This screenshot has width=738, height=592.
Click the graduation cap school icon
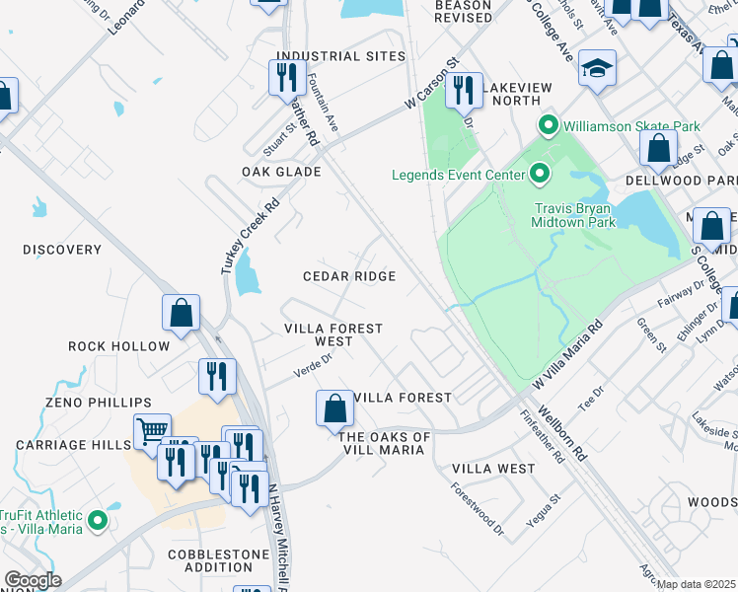click(x=597, y=68)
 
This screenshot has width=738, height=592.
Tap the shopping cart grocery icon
click(x=152, y=430)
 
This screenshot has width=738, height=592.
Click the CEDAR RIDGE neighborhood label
click(x=349, y=277)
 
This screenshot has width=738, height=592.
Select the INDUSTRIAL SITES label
click(x=340, y=56)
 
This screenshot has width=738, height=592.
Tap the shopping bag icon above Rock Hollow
click(x=182, y=313)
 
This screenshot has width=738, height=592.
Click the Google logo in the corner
click(x=33, y=580)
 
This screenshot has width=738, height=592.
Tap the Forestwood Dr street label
click(x=477, y=508)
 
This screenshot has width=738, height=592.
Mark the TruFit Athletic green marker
click(x=97, y=521)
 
